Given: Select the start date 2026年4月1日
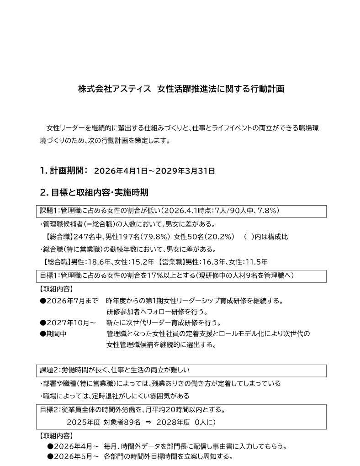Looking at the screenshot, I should (x=121, y=171).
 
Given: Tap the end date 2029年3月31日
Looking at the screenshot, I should (x=185, y=171).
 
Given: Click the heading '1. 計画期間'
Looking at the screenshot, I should (x=64, y=170).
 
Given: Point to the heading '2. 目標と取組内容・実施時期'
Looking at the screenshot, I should (x=94, y=192).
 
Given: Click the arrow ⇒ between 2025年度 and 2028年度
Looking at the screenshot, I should (x=148, y=423).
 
